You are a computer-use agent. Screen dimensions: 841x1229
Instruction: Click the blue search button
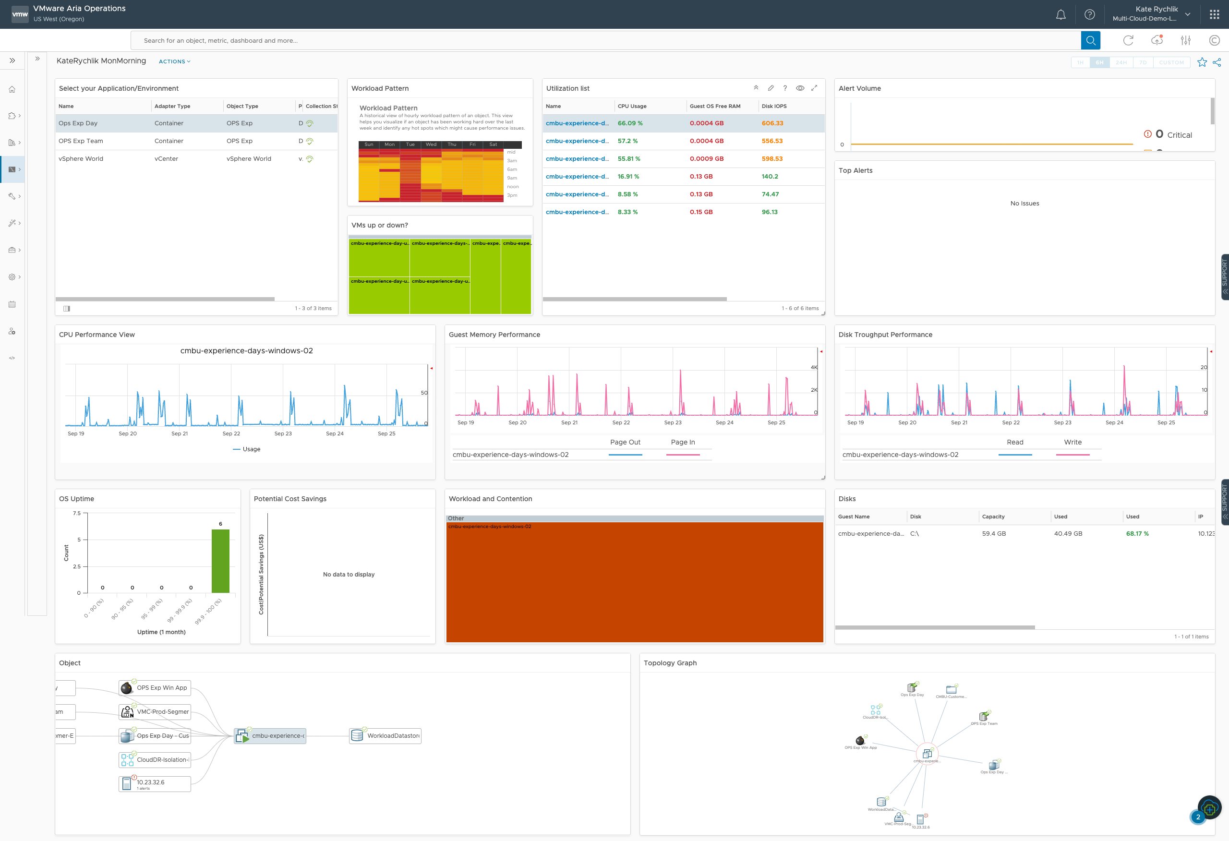click(1090, 40)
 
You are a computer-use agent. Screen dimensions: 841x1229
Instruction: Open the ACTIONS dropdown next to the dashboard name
click(174, 61)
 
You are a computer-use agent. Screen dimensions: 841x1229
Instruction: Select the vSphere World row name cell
click(81, 159)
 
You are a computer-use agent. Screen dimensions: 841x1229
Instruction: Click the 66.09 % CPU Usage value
click(630, 123)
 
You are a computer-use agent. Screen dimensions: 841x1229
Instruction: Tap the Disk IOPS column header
click(774, 106)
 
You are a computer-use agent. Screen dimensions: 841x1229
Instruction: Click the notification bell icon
click(1060, 15)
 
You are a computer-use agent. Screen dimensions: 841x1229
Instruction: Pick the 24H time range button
click(1121, 62)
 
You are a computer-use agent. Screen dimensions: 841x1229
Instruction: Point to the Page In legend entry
click(682, 442)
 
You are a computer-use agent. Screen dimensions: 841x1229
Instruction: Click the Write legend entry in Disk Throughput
click(1072, 442)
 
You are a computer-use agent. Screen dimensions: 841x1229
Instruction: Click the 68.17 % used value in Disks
click(1137, 534)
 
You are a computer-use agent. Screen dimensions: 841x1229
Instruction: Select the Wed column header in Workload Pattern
click(431, 144)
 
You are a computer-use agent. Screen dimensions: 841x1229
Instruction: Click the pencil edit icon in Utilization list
click(771, 88)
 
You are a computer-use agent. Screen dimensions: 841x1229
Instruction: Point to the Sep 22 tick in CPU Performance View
click(231, 434)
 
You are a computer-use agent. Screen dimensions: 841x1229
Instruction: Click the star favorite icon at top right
click(1202, 62)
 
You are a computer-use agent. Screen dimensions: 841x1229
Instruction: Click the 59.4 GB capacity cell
click(994, 534)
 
